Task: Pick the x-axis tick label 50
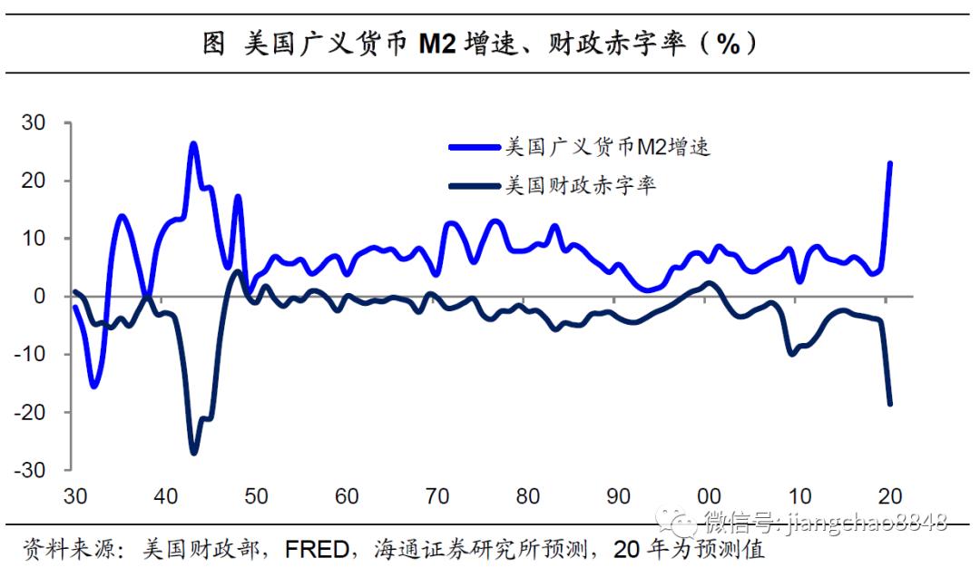coord(255,496)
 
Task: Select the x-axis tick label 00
coord(709,496)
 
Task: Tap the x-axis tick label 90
coord(618,496)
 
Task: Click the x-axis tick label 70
coord(436,496)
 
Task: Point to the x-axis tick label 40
coord(164,496)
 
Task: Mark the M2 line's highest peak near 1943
coord(193,143)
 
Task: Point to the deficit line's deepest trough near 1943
coord(193,452)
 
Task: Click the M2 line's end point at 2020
coord(890,163)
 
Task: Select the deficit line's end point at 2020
coord(890,404)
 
